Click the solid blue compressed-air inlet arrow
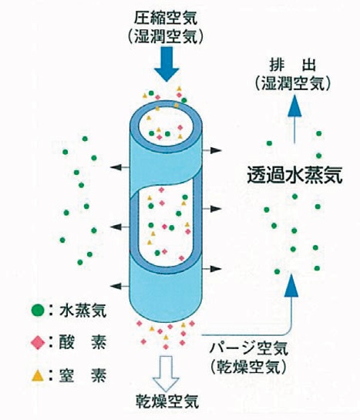[x=167, y=64]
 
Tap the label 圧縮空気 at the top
[x=166, y=18]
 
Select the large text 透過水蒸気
[x=294, y=175]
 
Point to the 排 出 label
[x=293, y=66]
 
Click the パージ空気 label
[x=248, y=349]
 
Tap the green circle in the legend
[x=38, y=311]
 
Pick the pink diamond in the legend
[x=38, y=343]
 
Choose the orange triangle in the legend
[x=38, y=375]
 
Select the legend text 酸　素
[x=82, y=343]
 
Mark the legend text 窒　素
[x=82, y=375]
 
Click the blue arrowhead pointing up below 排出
[x=294, y=106]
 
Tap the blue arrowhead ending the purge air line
[x=291, y=286]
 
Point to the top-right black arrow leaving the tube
[x=212, y=150]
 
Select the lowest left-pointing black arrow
[x=119, y=286]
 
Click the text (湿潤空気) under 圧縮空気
[x=166, y=37]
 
